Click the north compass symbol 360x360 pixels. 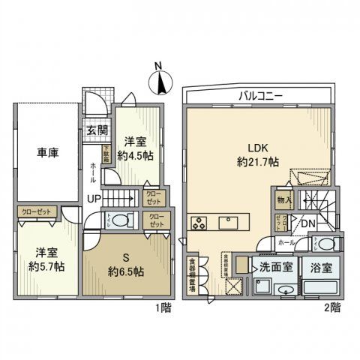coord(160,81)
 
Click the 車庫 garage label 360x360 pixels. coord(48,153)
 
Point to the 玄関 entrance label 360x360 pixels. coord(94,129)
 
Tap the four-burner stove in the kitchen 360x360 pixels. coord(201,222)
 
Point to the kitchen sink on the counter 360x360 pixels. coord(229,222)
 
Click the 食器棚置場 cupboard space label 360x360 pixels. coord(192,275)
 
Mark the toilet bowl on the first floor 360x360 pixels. coord(125,220)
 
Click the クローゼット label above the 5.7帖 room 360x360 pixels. coord(36,212)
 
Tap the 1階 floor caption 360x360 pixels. coord(163,307)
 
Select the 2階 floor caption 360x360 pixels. coord(332,307)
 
